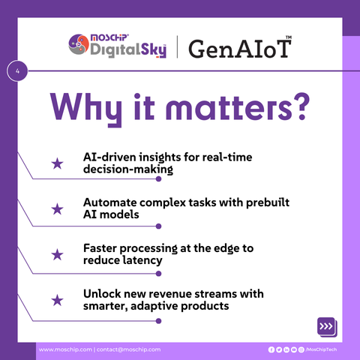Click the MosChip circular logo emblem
79,44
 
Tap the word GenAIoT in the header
240,49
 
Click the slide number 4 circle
17,70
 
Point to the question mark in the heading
301,106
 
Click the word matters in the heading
228,107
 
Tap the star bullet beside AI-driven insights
57,163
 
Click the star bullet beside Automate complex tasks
57,209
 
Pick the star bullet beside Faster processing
57,254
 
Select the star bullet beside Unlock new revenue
57,300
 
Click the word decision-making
128,169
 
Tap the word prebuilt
268,202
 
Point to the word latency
142,260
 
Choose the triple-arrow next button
326,326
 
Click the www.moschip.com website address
65,349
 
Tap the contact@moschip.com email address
128,349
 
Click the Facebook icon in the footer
271,349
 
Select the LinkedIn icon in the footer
286,349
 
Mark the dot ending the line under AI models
158,226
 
